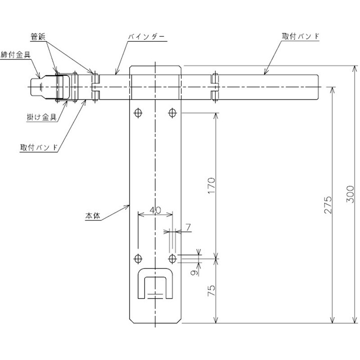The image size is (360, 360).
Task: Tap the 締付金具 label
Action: [16, 54]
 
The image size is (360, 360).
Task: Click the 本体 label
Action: [92, 216]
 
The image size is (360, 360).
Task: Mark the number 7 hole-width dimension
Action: [188, 228]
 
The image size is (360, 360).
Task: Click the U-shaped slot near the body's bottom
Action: [155, 283]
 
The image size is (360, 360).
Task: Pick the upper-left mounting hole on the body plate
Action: [138, 112]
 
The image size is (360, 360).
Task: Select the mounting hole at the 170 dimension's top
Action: [173, 112]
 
